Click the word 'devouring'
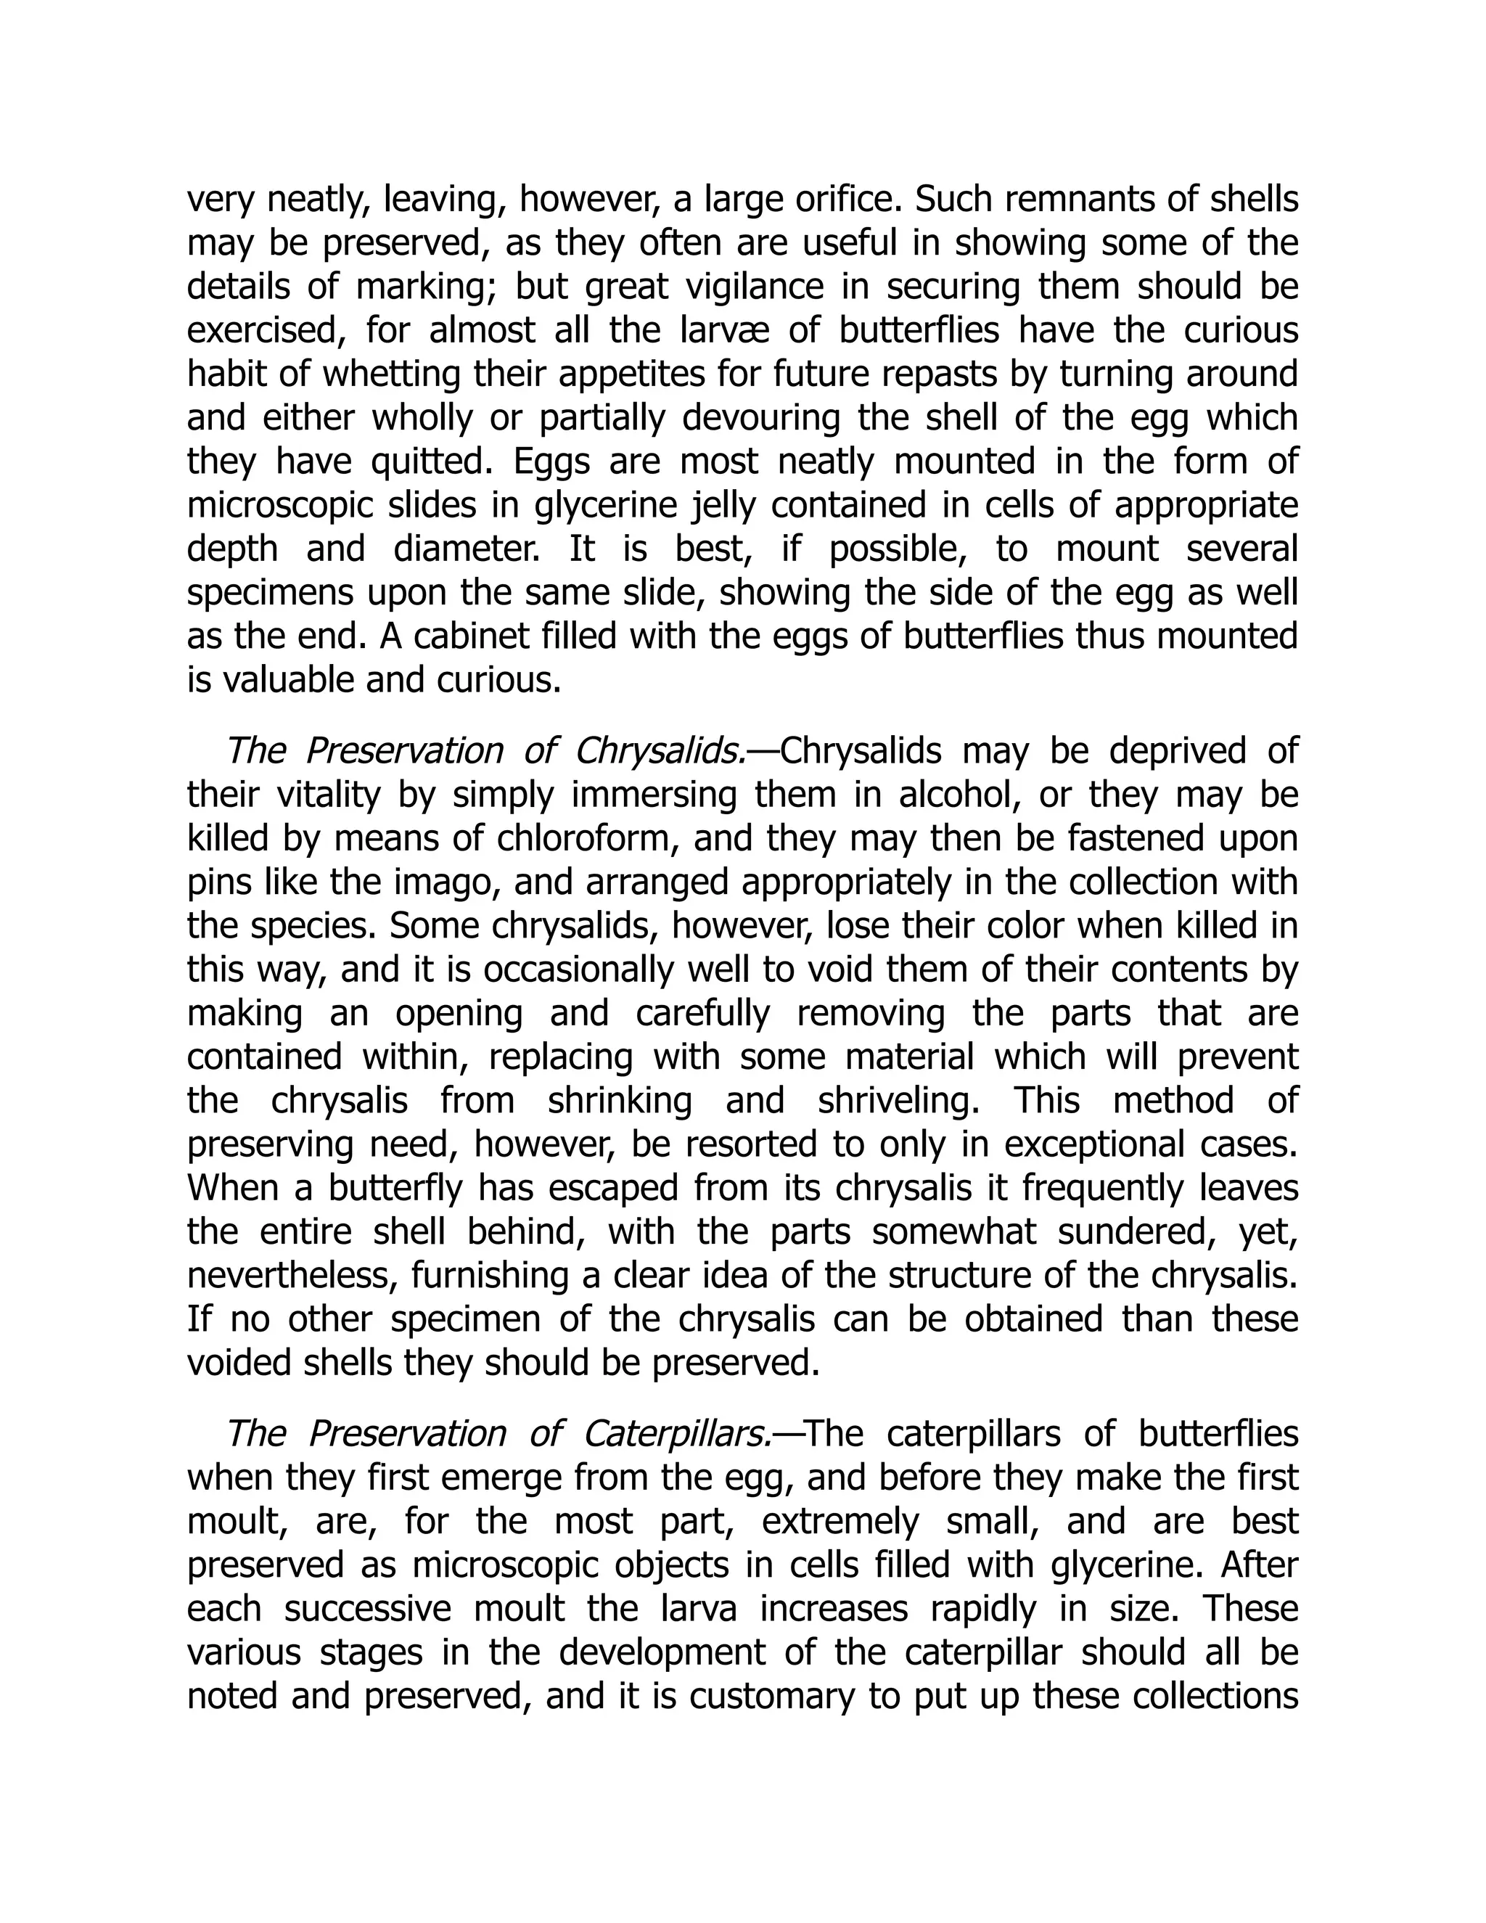pyautogui.click(x=760, y=418)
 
